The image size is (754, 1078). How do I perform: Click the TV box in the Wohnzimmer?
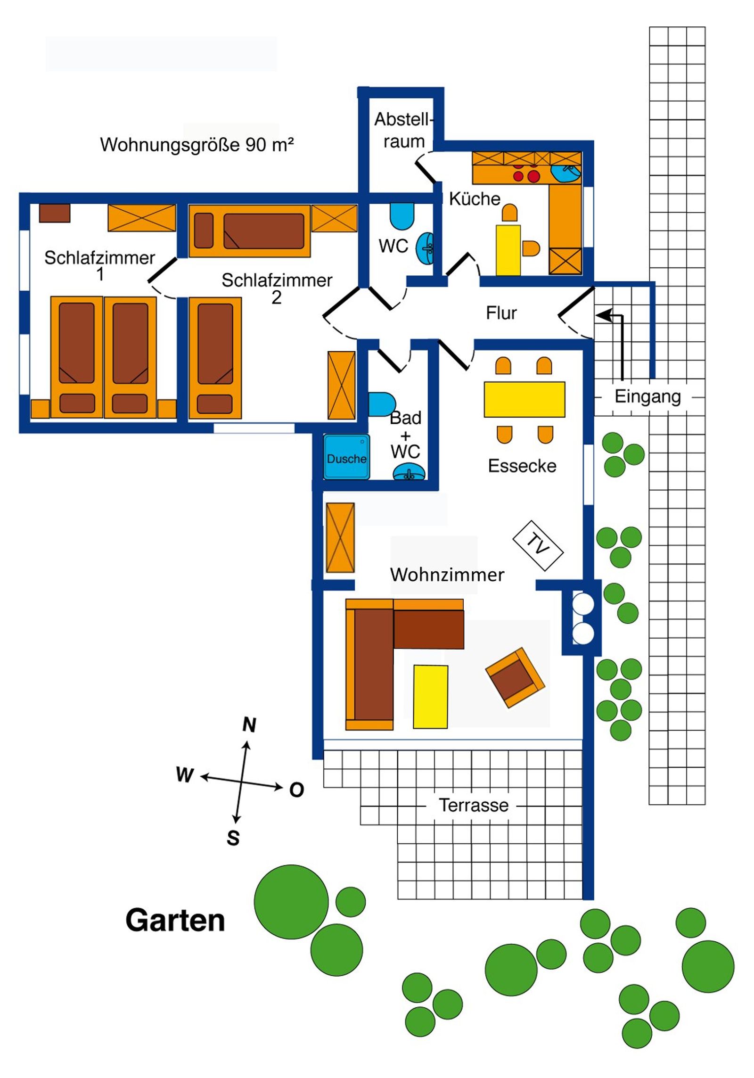click(x=538, y=545)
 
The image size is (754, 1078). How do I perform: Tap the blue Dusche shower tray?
click(x=346, y=456)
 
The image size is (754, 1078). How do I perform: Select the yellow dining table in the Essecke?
click(x=524, y=399)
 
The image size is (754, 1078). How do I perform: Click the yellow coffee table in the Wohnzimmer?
click(x=430, y=697)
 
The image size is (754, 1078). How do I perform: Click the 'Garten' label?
click(x=175, y=920)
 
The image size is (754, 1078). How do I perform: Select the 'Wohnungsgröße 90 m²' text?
click(x=197, y=144)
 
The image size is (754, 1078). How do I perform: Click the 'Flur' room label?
click(x=501, y=313)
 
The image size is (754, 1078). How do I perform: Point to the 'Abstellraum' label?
click(x=403, y=130)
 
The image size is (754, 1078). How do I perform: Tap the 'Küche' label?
click(x=475, y=198)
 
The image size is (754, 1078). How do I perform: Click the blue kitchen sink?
click(x=565, y=173)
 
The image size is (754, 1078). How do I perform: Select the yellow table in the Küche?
click(x=508, y=250)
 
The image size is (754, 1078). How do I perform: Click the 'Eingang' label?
click(x=647, y=396)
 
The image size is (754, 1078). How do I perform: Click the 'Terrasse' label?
click(x=474, y=805)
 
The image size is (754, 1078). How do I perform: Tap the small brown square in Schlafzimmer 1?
click(x=55, y=213)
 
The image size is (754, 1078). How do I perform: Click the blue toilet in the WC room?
click(x=402, y=216)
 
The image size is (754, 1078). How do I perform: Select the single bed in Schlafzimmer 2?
click(x=215, y=358)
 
